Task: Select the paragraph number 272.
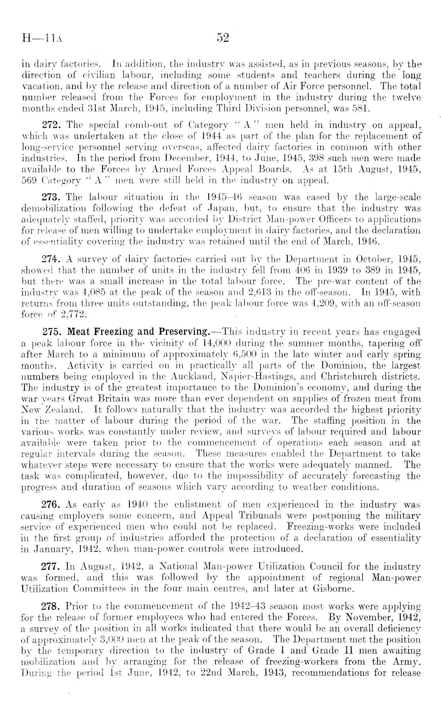pyautogui.click(x=50, y=125)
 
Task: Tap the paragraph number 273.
pyautogui.click(x=50, y=197)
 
